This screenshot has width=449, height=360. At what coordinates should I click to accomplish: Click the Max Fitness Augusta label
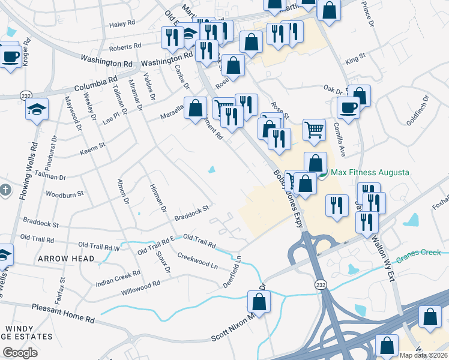pos(370,173)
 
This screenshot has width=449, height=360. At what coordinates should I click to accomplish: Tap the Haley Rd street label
pos(122,24)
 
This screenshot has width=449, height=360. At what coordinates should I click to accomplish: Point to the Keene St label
pos(93,145)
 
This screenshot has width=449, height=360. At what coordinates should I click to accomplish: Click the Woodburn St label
pos(65,194)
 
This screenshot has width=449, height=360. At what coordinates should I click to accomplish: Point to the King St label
pos(355,58)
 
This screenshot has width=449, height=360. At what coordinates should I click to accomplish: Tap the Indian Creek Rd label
pos(118,277)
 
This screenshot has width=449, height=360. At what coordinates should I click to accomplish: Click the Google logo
pos(20,352)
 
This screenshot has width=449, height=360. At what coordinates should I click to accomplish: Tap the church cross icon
pos(5,190)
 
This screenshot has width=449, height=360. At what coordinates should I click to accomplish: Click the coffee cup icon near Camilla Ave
pos(348,109)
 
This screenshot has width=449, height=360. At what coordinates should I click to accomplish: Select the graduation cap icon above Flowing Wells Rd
pos(37,109)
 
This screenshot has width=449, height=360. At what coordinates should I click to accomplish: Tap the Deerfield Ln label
pos(234,271)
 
